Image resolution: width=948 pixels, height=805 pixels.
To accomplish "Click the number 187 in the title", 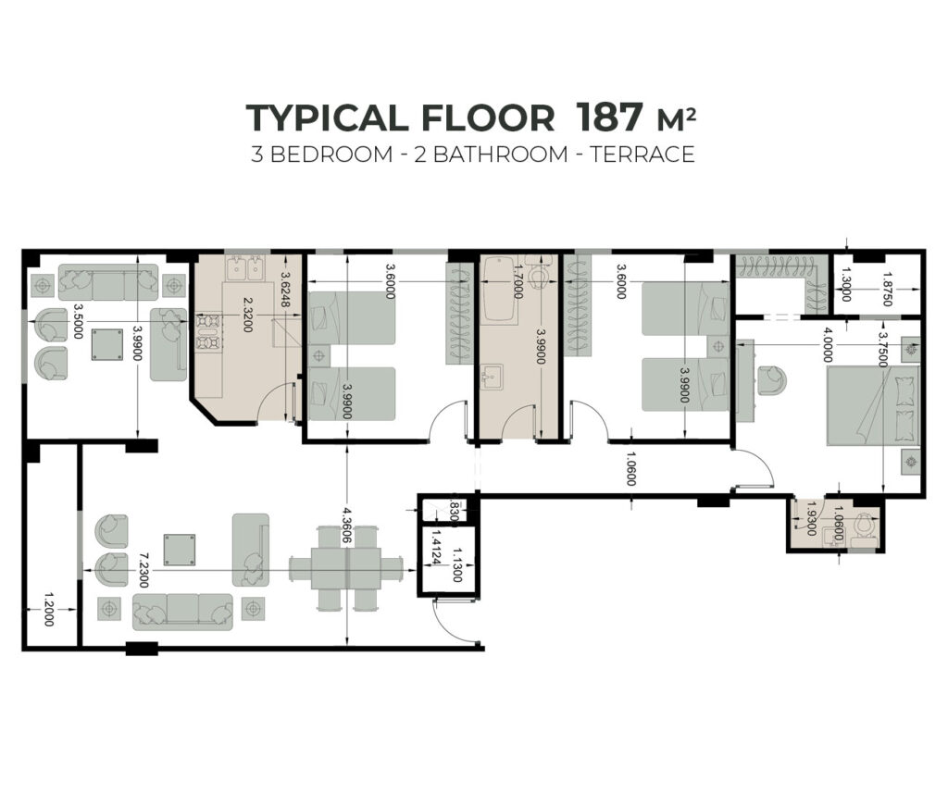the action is point(608,117).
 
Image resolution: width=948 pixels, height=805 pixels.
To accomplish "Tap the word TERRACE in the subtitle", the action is point(642,155).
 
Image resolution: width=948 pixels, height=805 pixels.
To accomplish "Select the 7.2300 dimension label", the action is point(143,570).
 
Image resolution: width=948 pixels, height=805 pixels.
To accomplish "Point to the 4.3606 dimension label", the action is point(346,525).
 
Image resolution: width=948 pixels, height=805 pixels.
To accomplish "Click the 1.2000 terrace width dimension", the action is point(49,609).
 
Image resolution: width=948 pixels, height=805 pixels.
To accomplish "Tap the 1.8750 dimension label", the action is point(886,290).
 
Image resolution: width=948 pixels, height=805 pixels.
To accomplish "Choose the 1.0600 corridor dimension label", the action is point(630,468).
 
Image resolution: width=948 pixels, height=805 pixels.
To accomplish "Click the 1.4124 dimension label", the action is point(433,548).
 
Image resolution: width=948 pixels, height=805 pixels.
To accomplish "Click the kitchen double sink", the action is point(244,268).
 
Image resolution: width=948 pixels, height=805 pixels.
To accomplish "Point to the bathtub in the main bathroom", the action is point(499,291).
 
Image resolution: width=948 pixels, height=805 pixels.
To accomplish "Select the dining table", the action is point(346,569).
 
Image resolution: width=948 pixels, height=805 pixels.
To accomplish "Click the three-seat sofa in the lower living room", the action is point(182,612).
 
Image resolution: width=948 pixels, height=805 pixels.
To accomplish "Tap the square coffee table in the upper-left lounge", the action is point(107,344).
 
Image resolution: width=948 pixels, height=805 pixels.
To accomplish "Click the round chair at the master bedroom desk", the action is point(773,380).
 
